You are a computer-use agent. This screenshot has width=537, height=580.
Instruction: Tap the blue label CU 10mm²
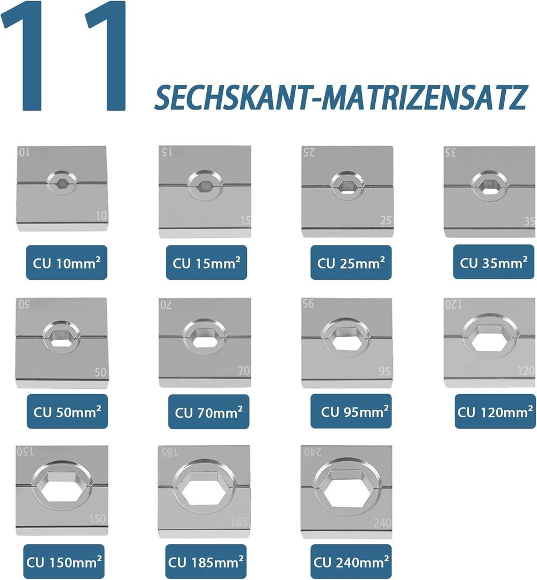pos(67,263)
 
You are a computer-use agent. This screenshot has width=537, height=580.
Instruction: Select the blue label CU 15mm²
pos(206,263)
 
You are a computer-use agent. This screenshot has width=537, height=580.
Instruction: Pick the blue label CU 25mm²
pos(351,263)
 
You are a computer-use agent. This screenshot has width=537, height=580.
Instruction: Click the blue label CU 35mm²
pos(494,262)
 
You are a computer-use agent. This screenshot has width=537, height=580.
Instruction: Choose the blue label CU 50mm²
pos(67,411)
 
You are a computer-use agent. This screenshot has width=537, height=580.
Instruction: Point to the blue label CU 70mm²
pos(208,412)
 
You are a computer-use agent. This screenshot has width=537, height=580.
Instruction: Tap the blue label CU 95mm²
pos(351,411)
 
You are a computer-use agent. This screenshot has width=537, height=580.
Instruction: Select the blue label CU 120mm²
pos(495,411)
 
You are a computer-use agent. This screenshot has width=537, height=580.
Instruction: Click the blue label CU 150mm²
pos(63,562)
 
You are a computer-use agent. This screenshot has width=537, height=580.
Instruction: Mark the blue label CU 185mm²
pos(206,562)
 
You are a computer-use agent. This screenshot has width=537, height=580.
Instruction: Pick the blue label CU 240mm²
pos(351,562)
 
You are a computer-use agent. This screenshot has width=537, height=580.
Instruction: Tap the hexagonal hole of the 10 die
pos(62,182)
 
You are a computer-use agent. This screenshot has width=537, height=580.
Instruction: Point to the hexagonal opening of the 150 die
pos(61,488)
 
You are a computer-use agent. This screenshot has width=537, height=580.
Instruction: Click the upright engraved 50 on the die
pos(100,372)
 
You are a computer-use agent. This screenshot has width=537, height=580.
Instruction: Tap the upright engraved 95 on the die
pos(384,371)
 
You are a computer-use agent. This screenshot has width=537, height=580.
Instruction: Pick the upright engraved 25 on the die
pos(386,221)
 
